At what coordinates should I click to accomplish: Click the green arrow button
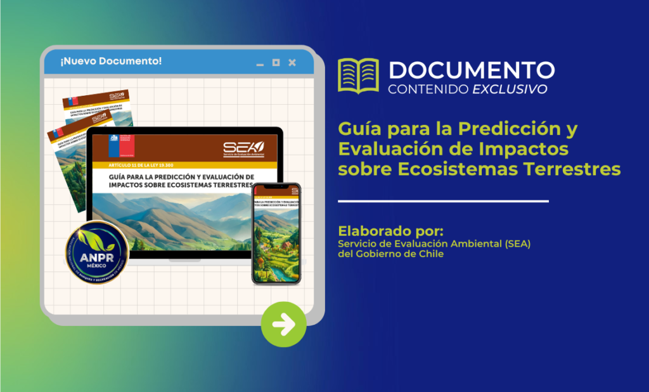pyautogui.click(x=283, y=325)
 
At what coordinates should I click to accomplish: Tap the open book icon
pyautogui.click(x=357, y=75)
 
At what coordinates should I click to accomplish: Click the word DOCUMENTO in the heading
pyautogui.click(x=472, y=69)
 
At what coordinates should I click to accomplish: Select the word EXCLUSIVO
pyautogui.click(x=510, y=89)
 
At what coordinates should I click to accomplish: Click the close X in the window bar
pyautogui.click(x=292, y=62)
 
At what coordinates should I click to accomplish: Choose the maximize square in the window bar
pyautogui.click(x=276, y=62)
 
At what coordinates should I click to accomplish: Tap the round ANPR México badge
pyautogui.click(x=97, y=252)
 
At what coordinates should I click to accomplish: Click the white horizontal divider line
pyautogui.click(x=443, y=201)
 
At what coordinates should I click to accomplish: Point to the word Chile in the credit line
pyautogui.click(x=430, y=254)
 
